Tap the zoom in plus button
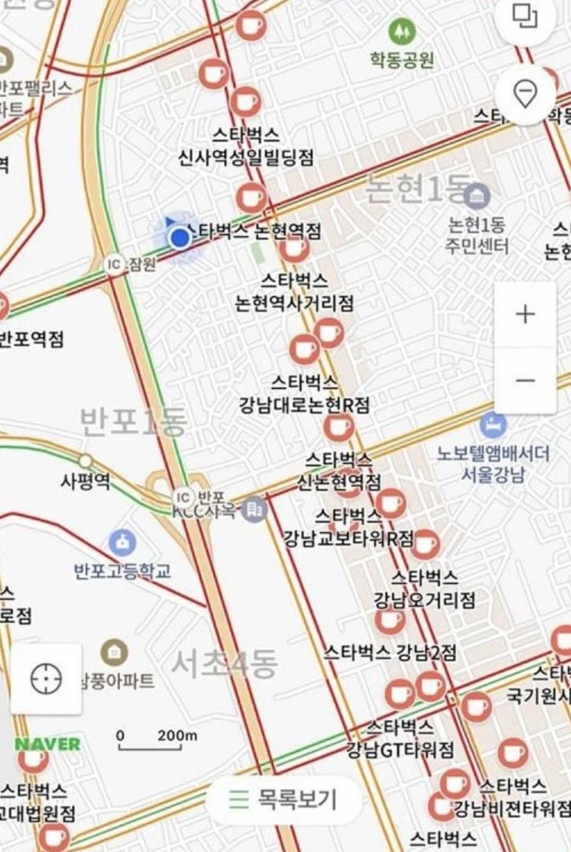point(525,314)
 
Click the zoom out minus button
point(525,381)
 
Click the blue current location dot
point(179,238)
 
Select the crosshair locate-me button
point(46,679)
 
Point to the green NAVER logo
point(47,744)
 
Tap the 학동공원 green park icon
point(401,31)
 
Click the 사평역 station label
point(85,481)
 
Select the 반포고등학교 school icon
point(122,543)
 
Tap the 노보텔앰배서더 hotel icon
point(492,425)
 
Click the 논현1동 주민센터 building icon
point(478,196)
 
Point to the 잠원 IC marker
point(114,264)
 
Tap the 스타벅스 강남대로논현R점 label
point(304,394)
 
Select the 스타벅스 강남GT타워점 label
point(400,739)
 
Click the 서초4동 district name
point(225,664)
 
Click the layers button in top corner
point(525,16)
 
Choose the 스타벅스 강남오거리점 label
point(424,588)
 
